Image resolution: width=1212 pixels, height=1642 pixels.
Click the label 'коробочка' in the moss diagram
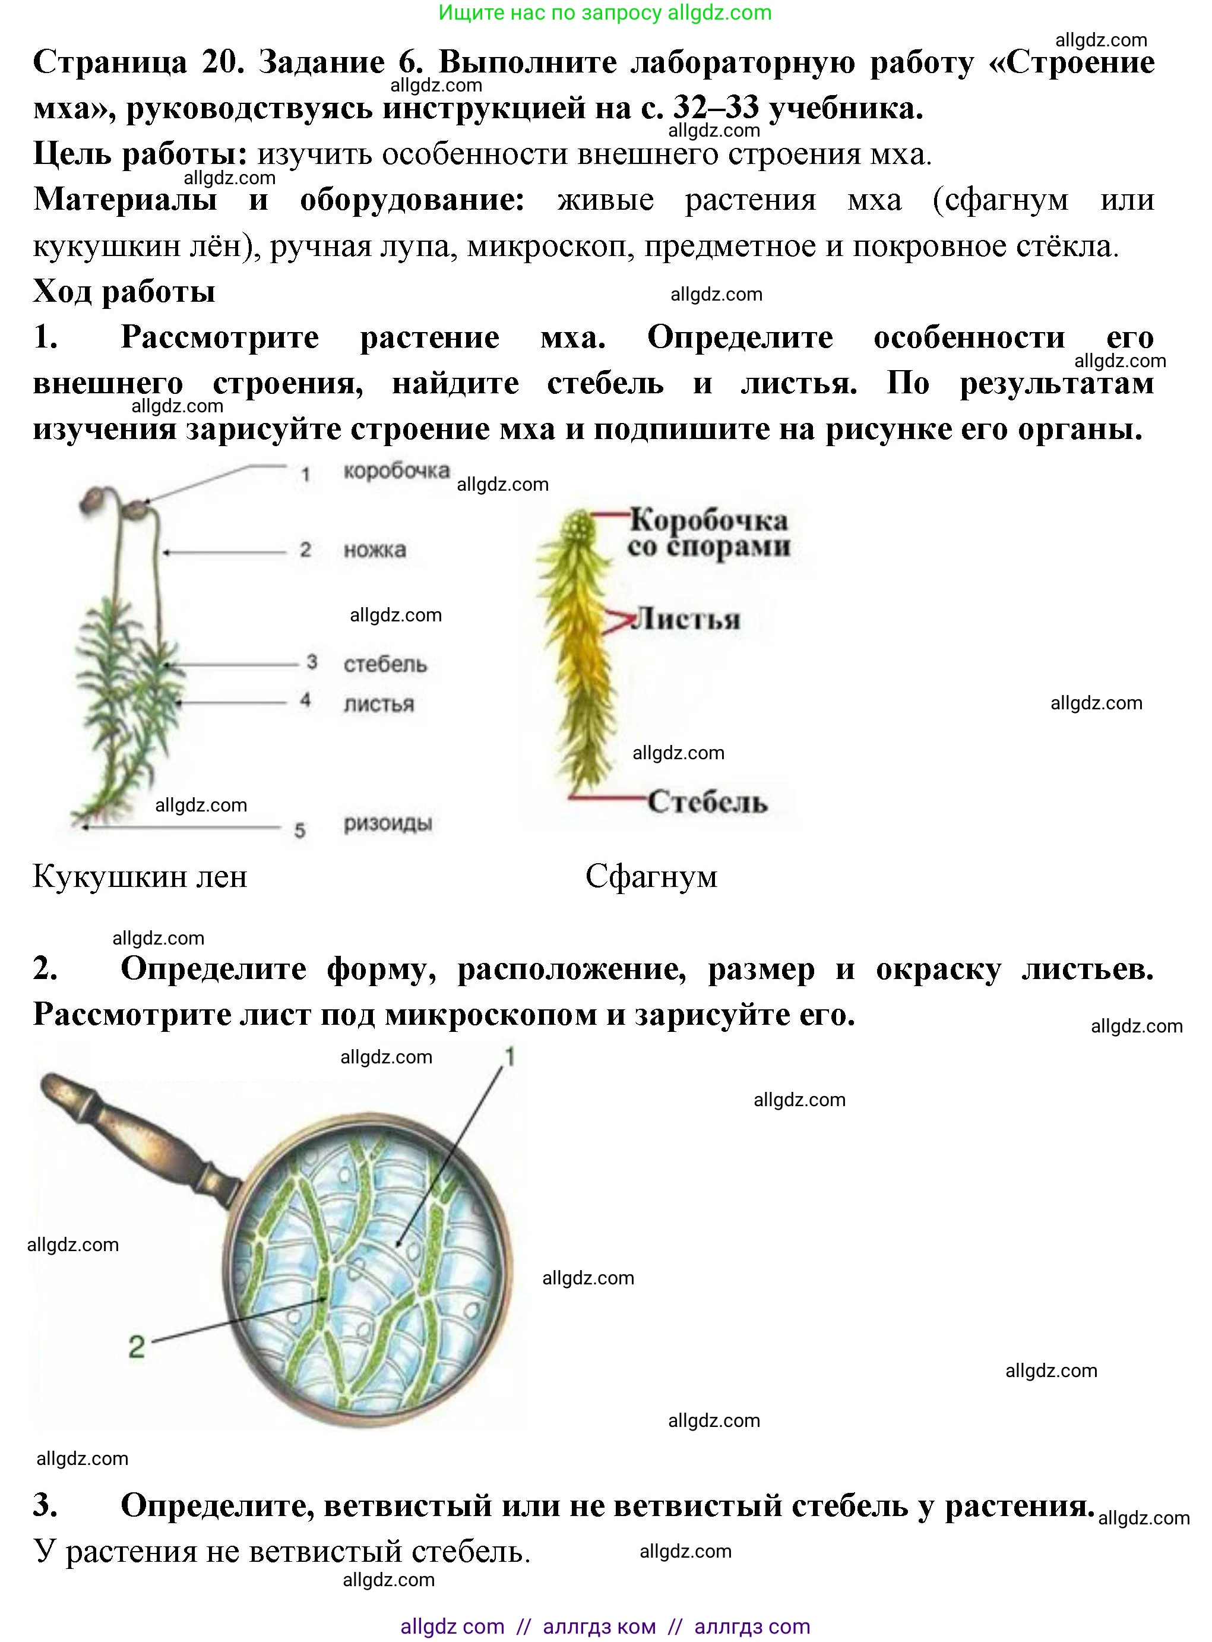[x=396, y=471]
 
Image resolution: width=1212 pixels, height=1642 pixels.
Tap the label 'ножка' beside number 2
[x=374, y=550]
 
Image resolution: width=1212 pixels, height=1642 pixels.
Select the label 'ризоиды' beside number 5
[x=387, y=823]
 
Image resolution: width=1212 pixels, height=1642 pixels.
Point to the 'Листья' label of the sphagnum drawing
[x=686, y=620]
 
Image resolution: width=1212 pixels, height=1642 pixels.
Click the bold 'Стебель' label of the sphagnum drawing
[x=707, y=801]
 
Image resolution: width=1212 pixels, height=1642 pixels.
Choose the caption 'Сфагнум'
[x=651, y=876]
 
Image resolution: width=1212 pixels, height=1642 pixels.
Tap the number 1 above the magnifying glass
[x=509, y=1057]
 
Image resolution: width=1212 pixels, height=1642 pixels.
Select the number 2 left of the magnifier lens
[x=137, y=1347]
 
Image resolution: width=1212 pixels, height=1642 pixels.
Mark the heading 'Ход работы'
[x=124, y=292]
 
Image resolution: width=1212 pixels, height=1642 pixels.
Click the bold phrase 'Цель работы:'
[x=140, y=154]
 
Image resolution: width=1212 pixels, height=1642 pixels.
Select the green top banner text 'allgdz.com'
[x=719, y=12]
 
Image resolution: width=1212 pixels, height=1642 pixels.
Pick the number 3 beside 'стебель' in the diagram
[x=312, y=662]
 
